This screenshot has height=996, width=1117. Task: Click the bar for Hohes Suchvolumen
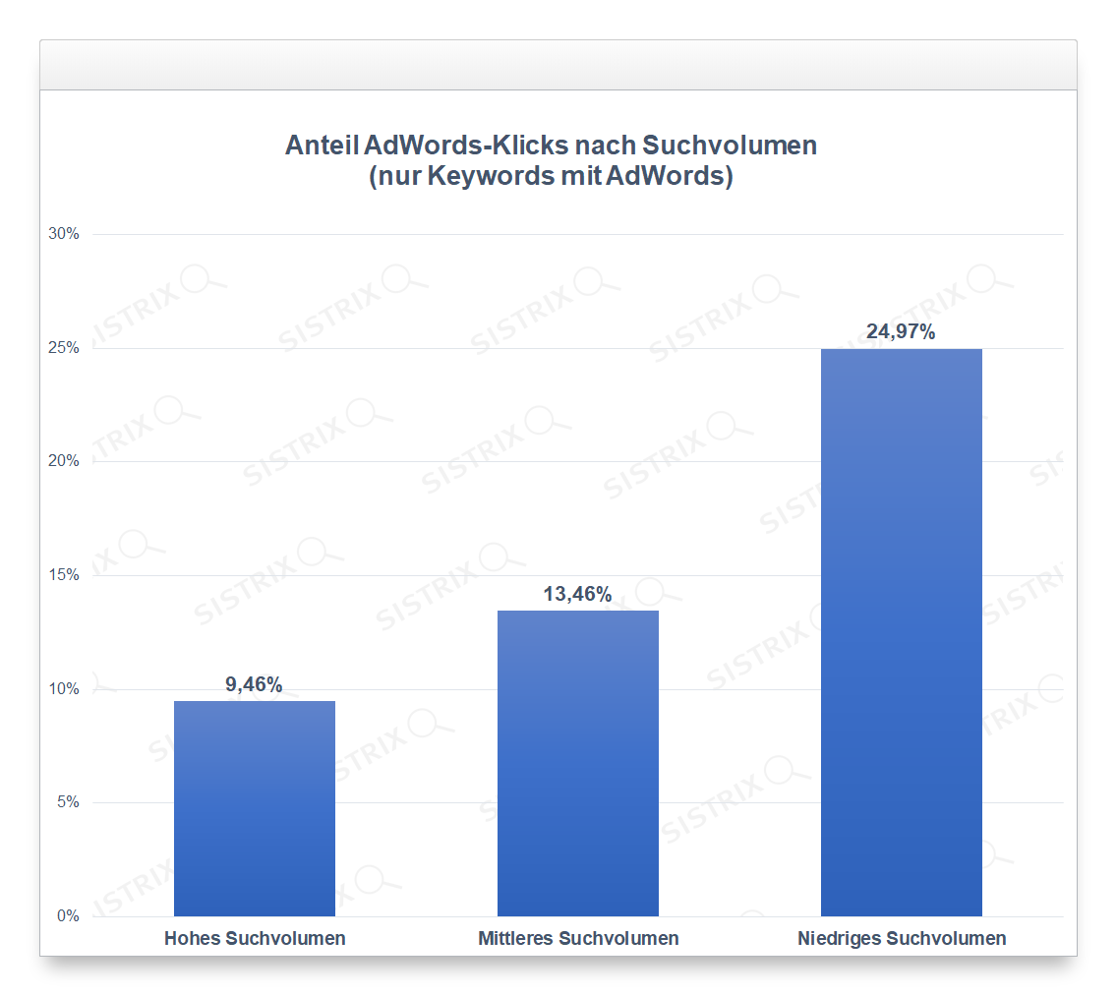[255, 808]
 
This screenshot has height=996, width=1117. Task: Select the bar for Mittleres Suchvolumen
[578, 763]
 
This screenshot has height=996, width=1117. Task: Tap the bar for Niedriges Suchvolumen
[902, 632]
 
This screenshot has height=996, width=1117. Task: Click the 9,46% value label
[254, 684]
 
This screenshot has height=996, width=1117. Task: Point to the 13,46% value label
[578, 594]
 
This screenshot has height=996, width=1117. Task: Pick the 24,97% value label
[901, 331]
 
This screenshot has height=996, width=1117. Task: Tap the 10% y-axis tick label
[65, 688]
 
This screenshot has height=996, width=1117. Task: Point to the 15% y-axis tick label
[65, 575]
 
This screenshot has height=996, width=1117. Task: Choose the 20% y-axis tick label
[65, 461]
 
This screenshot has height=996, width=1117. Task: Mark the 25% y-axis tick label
[65, 348]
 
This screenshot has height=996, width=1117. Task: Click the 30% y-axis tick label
[65, 234]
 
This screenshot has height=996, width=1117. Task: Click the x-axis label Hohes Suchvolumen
[255, 938]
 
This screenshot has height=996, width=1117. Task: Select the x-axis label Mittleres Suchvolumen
[578, 938]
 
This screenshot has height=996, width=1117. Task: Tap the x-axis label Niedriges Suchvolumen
[902, 938]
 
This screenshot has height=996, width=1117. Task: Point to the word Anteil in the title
[321, 146]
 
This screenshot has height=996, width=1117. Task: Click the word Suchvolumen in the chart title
[730, 146]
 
